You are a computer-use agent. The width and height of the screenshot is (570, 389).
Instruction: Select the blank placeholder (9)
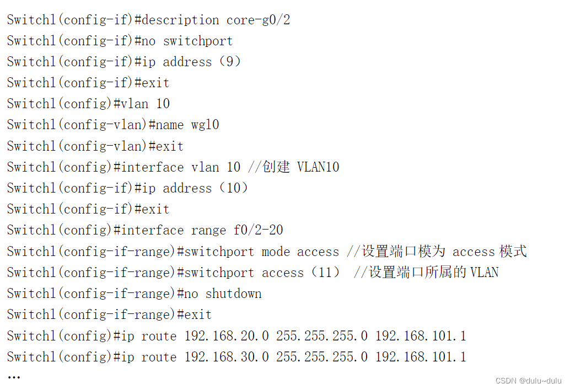coord(230,62)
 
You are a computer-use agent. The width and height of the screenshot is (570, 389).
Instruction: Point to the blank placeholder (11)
coord(325,273)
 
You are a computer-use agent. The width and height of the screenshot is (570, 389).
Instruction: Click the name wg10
coord(205,125)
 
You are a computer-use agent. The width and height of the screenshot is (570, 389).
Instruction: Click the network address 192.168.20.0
coord(227,336)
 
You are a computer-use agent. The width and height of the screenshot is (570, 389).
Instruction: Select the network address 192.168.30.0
coord(227,357)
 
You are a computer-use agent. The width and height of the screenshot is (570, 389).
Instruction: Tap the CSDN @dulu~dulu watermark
coord(528,381)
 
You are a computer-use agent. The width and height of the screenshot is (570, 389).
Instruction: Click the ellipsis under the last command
coord(14,377)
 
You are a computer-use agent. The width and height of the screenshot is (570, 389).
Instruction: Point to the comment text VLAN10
coord(318,167)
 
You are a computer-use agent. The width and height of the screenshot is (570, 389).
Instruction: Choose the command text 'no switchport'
coord(187,41)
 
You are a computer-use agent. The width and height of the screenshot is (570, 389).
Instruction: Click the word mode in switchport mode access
coord(276,252)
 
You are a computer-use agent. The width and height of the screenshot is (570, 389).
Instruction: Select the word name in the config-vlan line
coord(169,125)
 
